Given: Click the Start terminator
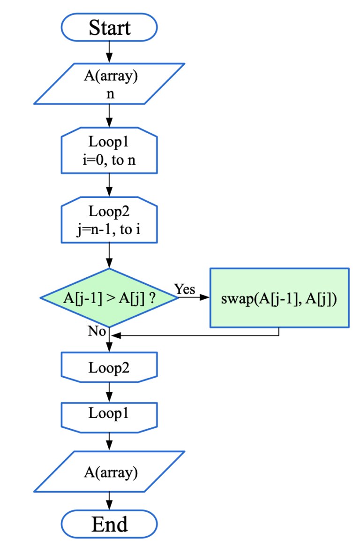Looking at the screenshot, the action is (x=109, y=27).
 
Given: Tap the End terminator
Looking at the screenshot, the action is (x=109, y=524).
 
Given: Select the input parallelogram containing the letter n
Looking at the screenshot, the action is (x=109, y=84).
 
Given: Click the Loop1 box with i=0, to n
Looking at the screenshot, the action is (x=109, y=151).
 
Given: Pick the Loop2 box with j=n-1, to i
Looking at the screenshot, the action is (x=109, y=220).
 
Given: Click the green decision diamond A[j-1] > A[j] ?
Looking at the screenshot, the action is (x=109, y=298).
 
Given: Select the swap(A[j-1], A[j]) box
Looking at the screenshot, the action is (x=279, y=298).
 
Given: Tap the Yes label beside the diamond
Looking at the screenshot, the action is (x=185, y=289).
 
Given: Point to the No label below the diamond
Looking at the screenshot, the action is (x=97, y=331).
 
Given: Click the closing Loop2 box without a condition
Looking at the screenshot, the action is (x=109, y=367).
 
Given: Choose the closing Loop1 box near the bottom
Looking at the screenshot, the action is (x=109, y=417).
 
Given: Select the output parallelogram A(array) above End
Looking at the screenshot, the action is (x=109, y=471).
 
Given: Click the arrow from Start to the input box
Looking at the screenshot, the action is (x=109, y=52).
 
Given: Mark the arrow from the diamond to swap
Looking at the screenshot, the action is (x=194, y=297).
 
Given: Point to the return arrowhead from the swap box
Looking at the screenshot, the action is (x=116, y=335).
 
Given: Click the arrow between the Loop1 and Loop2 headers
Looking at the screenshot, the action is (x=109, y=185).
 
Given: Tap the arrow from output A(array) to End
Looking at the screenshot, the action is (x=109, y=501).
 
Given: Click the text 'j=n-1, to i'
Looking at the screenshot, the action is (x=109, y=229).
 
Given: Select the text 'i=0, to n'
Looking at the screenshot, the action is (x=109, y=160).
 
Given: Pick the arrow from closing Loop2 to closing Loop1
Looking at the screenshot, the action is (x=109, y=392).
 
